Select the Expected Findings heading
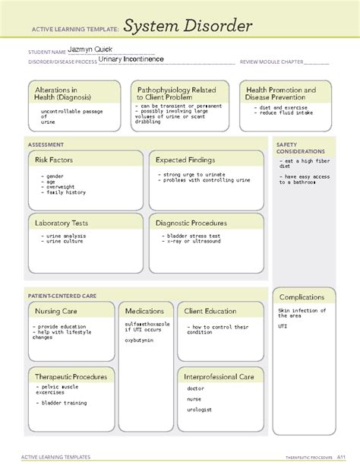185,160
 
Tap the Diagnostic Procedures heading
191,223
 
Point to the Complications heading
301,297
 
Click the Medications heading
144,311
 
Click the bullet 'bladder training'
64,403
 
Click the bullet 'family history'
64,193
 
